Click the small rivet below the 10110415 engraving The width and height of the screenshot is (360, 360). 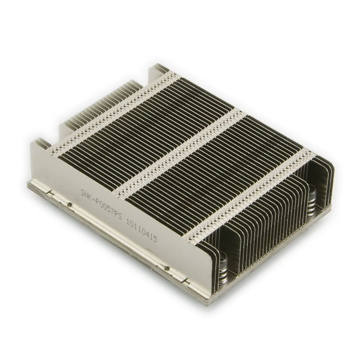(167, 267)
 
